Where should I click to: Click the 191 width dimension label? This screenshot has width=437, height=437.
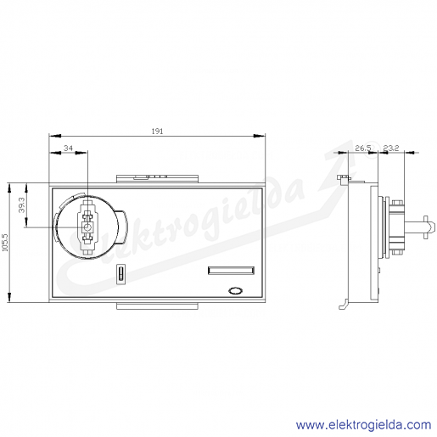pos(157,132)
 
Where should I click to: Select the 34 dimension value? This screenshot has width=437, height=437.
pos(68,148)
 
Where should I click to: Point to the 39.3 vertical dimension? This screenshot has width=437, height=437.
pos(22,205)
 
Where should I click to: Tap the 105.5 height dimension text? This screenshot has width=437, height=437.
pos(5,243)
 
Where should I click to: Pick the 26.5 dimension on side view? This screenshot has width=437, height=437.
pos(363,148)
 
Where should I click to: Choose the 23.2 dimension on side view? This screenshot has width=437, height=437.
pos(391,148)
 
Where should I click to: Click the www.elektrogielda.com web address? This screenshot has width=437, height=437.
pos(364,425)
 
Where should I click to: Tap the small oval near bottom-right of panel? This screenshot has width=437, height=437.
pos(235,291)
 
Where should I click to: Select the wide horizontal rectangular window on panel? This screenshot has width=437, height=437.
pos(231,271)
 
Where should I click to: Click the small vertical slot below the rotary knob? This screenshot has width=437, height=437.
pos(120,273)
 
